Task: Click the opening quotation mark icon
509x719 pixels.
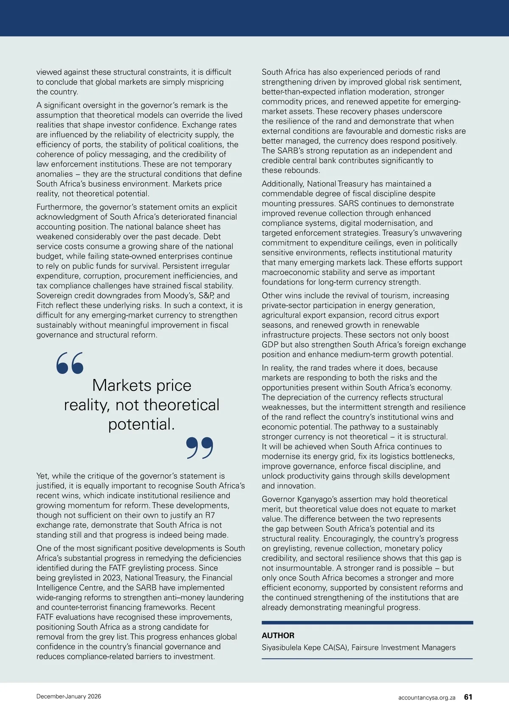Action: pos(70,363)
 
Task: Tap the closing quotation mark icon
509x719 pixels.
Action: pos(200,448)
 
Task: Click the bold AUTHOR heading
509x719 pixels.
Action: pos(278,635)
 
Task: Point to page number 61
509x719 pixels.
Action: pos(468,697)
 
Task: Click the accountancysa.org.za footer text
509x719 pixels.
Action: pos(427,697)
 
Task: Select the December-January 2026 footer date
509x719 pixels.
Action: pos(69,696)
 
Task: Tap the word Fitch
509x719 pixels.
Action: pos(46,305)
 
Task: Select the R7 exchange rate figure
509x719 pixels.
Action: pos(210,515)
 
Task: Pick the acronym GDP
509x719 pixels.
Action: pos(270,345)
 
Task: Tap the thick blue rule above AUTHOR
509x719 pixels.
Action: pos(367,622)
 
